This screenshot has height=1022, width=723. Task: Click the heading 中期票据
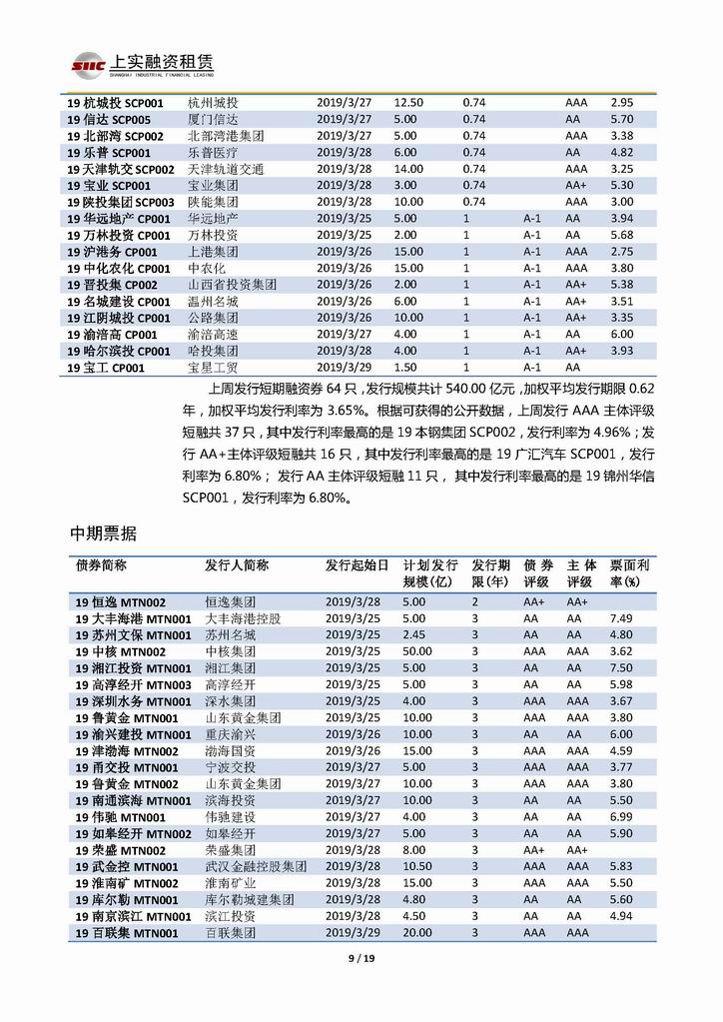(x=104, y=533)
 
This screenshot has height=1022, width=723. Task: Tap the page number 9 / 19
(x=361, y=960)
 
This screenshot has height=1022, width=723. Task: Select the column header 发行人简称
(x=237, y=564)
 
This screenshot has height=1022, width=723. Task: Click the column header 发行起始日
(x=356, y=564)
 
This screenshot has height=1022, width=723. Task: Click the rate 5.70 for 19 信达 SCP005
(x=621, y=119)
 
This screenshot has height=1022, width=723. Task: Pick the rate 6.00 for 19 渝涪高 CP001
(x=621, y=334)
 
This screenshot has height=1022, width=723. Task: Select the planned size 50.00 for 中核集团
(x=417, y=651)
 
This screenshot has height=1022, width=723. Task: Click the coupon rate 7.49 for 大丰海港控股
(x=621, y=618)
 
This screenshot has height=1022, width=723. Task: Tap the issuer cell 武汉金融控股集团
(x=256, y=866)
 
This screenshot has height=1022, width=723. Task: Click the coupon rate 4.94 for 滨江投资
(x=621, y=916)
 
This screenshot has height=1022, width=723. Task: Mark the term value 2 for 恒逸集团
(x=475, y=602)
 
